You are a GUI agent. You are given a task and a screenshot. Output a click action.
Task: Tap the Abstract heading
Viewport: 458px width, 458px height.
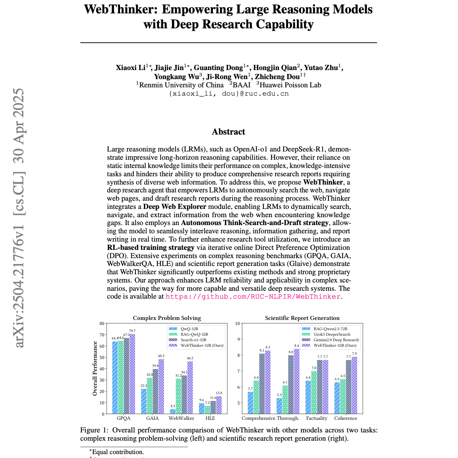(228, 132)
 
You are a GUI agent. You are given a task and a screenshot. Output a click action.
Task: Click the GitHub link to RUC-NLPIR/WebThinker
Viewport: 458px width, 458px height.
(253, 297)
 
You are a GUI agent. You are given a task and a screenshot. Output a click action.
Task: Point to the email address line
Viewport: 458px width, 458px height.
(228, 94)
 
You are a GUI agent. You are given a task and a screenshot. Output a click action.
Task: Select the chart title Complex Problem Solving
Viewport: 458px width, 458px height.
(167, 318)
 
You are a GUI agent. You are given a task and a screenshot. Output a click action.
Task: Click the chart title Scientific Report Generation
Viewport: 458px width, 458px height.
(302, 318)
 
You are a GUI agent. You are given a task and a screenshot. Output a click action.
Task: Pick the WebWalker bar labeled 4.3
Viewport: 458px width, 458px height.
(173, 412)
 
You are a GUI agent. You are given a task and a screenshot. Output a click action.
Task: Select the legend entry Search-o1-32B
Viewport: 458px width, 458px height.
(193, 340)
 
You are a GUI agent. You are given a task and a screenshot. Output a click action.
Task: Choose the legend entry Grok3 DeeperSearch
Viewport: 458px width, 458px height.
(332, 334)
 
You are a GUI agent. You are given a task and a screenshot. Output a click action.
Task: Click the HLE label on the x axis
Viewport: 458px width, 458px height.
(210, 418)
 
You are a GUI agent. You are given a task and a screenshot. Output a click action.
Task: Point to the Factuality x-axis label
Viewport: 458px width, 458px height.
(317, 418)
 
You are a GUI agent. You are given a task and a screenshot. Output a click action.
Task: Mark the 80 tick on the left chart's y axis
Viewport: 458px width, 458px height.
(102, 324)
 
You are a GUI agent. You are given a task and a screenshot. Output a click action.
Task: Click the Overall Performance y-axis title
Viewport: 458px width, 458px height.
(95, 368)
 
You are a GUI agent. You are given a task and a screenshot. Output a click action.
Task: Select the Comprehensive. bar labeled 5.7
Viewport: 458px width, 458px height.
(250, 403)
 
